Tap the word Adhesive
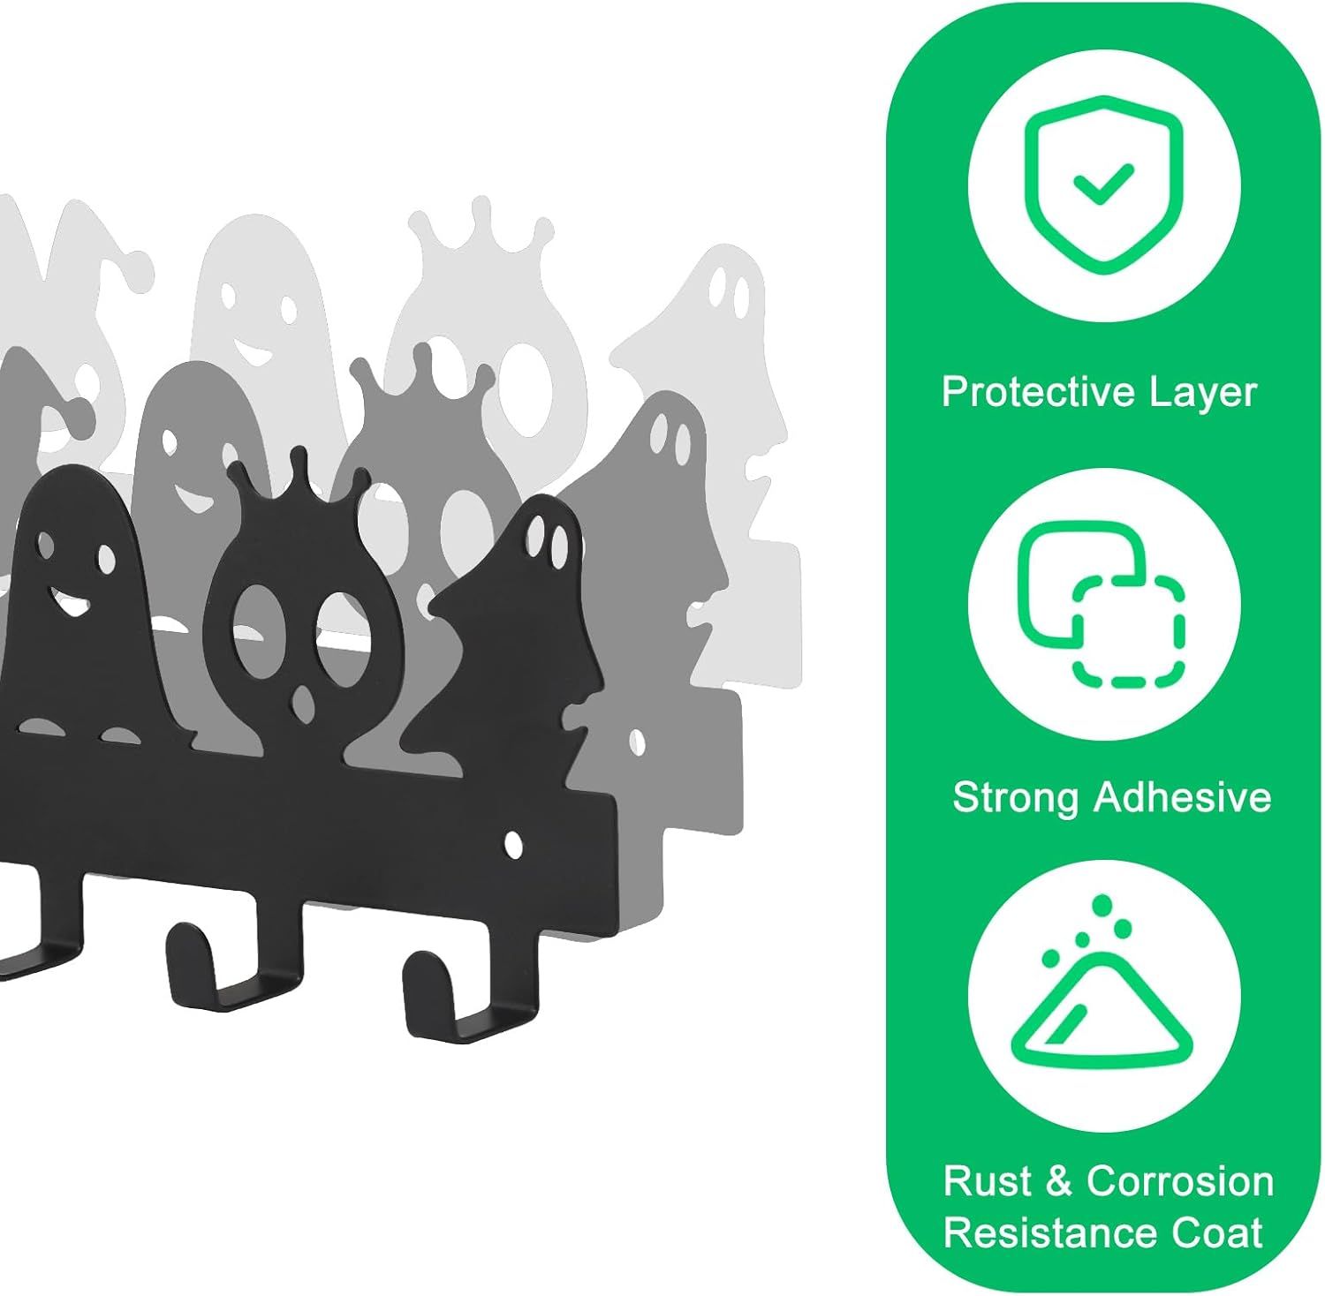coord(1182,797)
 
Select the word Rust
coord(988,1181)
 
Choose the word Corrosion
coord(1179,1181)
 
